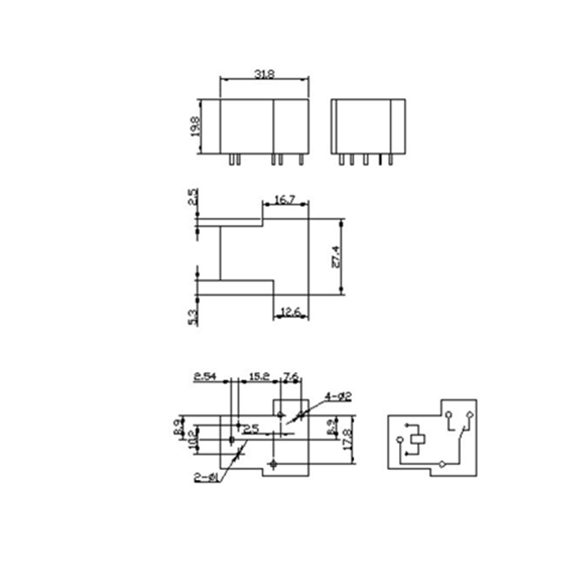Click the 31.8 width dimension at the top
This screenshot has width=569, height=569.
[264, 74]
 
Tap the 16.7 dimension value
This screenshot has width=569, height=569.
[285, 200]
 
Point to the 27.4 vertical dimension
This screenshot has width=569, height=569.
[336, 256]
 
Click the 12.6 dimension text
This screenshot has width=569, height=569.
[291, 310]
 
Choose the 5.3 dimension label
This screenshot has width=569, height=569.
[193, 317]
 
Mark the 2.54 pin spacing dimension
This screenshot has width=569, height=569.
[205, 377]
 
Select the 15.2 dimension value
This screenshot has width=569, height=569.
[257, 377]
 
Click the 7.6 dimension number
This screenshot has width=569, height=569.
[291, 377]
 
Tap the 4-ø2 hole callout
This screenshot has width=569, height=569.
[338, 396]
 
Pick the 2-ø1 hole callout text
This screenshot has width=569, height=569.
[207, 478]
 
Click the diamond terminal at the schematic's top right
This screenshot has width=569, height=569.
[469, 415]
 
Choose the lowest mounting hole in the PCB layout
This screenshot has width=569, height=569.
[272, 465]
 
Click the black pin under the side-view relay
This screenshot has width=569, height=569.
[380, 161]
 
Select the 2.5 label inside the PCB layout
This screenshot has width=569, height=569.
[251, 429]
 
